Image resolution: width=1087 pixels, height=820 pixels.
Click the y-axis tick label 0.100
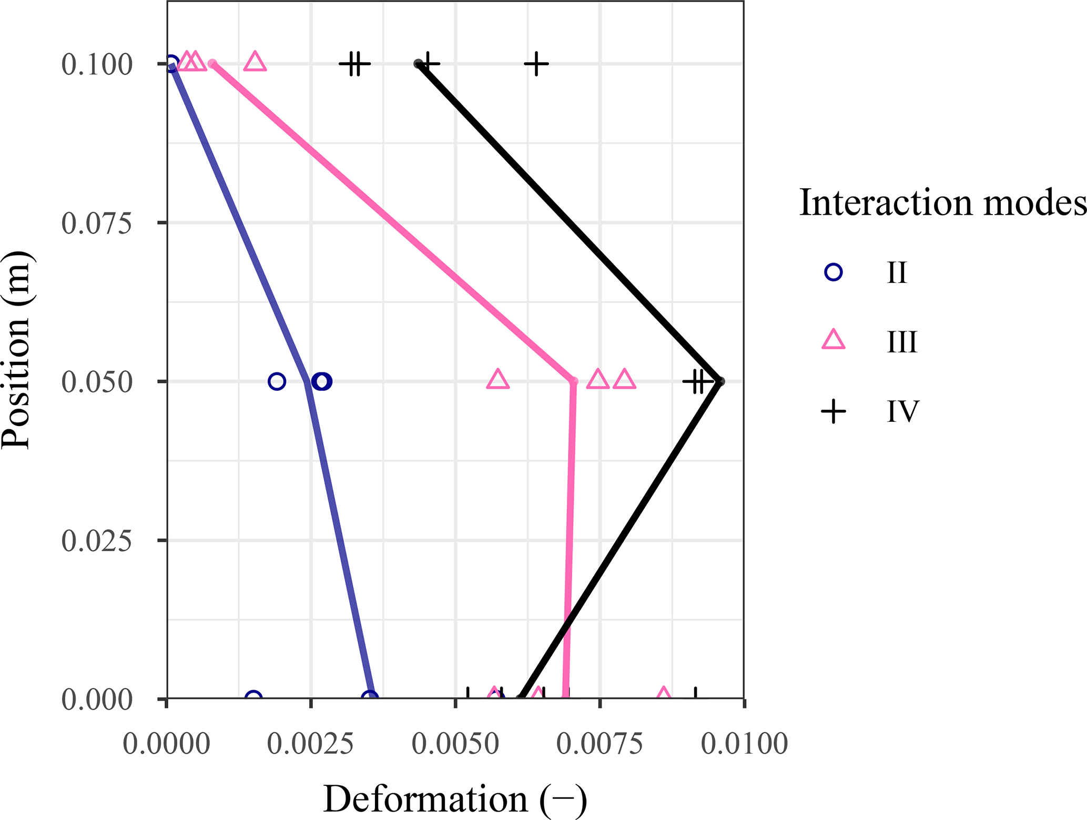(97, 65)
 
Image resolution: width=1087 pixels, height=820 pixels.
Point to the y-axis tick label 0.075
(97, 224)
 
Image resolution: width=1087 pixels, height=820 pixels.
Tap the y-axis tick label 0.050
(97, 382)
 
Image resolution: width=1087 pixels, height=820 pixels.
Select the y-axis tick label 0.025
(97, 541)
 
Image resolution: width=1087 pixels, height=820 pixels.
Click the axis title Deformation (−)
(455, 799)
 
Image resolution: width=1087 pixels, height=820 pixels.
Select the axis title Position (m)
(17, 350)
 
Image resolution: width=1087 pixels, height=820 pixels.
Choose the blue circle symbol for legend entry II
(834, 272)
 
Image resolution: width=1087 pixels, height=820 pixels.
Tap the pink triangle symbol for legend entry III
(834, 340)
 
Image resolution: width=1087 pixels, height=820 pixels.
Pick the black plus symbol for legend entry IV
(834, 411)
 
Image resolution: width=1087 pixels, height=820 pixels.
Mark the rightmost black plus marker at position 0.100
(536, 64)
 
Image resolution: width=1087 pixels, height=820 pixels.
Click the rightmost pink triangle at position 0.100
(255, 62)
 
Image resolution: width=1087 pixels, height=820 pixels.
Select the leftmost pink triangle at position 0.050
(497, 379)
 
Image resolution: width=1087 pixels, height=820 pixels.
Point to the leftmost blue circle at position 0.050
(277, 381)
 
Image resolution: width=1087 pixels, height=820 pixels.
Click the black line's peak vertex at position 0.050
(720, 381)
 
